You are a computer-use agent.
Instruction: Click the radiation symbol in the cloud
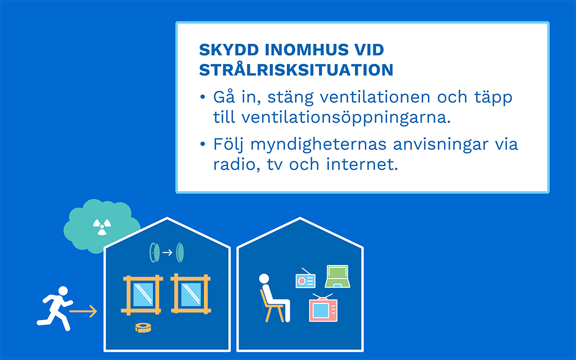pyautogui.click(x=102, y=226)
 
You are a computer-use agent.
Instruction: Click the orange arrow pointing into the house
pyautogui.click(x=84, y=312)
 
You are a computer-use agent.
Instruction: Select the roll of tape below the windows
pyautogui.click(x=143, y=327)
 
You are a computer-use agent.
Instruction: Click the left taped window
pyautogui.click(x=142, y=294)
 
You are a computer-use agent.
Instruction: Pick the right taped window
pyautogui.click(x=191, y=294)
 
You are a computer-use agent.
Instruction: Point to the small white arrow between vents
pyautogui.click(x=167, y=252)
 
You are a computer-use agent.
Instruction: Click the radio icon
pyautogui.click(x=305, y=280)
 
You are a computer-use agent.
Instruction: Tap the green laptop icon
pyautogui.click(x=337, y=276)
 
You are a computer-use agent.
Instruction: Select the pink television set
pyautogui.click(x=323, y=309)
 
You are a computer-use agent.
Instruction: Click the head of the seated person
pyautogui.click(x=264, y=279)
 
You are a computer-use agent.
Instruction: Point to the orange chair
pyautogui.click(x=271, y=306)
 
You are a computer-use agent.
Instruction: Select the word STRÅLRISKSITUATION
pyautogui.click(x=296, y=70)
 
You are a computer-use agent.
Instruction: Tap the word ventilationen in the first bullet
pyautogui.click(x=375, y=97)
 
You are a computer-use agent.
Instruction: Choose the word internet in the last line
pyautogui.click(x=362, y=164)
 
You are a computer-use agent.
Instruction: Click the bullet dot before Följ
pyautogui.click(x=202, y=143)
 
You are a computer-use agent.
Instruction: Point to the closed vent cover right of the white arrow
pyautogui.click(x=180, y=252)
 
